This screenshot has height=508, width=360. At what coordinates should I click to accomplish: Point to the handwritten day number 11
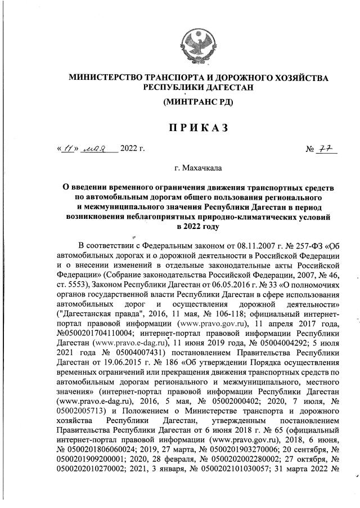tap(69, 149)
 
